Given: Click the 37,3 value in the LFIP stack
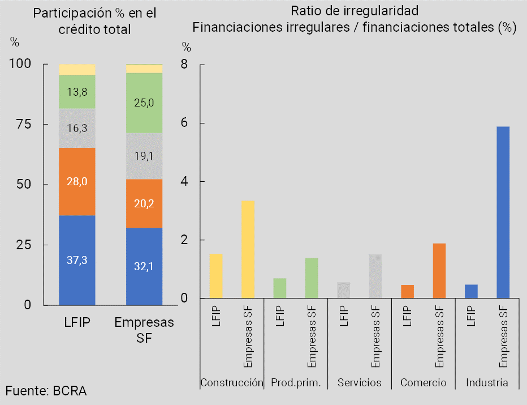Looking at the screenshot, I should [77, 261].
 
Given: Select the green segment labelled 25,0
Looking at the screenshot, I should [144, 103].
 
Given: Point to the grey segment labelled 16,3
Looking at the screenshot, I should [77, 129].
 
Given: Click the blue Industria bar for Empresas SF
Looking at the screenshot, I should [503, 212].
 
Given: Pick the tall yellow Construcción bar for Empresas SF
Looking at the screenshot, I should [248, 249].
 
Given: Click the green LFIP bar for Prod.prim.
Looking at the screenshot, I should [280, 288].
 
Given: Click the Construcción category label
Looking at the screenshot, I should [232, 383].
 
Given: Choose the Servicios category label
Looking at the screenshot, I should [360, 383].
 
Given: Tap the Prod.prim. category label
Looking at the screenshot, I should [296, 383].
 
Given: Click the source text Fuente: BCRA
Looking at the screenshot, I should [46, 390].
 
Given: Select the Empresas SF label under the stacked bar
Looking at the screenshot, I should [144, 330].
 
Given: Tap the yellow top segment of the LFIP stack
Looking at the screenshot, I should [77, 70].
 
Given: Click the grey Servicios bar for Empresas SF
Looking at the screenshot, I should [375, 276].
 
